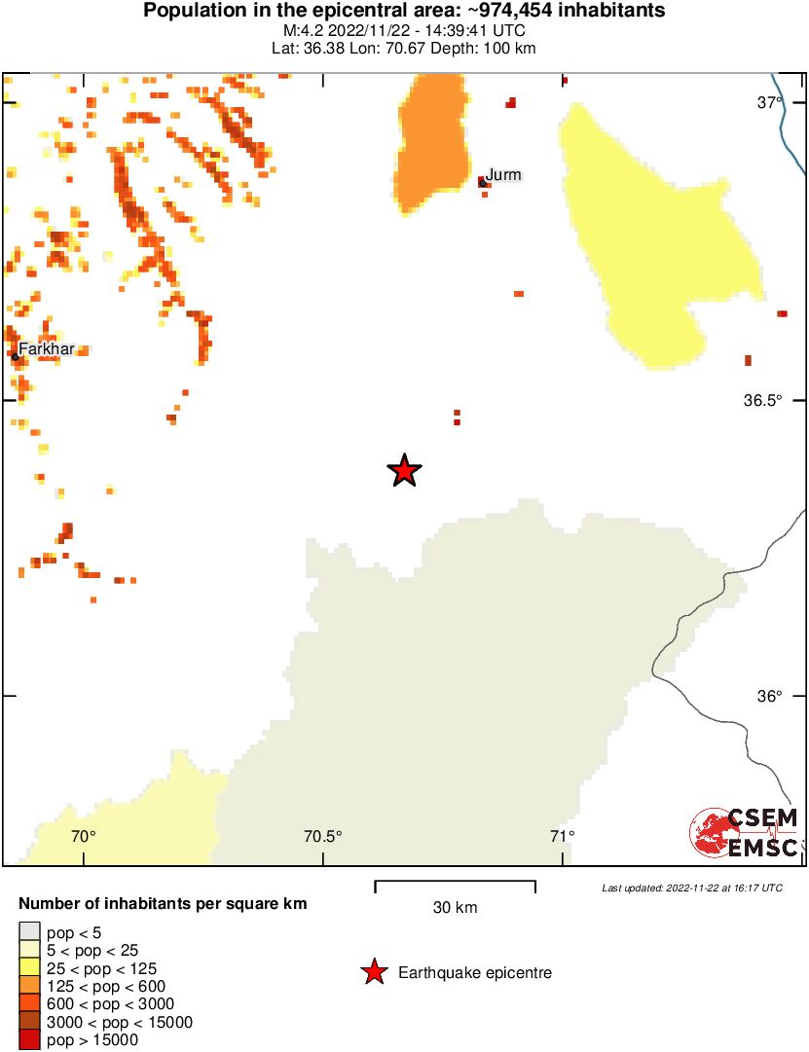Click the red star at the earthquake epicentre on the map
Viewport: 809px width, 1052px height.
tap(404, 471)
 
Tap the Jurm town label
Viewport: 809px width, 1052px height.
tap(503, 175)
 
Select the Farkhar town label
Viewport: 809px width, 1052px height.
tap(46, 348)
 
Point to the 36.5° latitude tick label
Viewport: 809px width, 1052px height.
tap(762, 400)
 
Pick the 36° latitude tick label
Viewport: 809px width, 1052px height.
tap(770, 697)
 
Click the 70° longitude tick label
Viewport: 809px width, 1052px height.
tap(84, 836)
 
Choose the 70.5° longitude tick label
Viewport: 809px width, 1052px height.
tap(323, 836)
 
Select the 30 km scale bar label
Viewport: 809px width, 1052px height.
tap(455, 908)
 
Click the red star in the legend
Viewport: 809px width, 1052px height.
tap(373, 972)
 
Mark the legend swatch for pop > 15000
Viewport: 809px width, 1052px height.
tap(29, 1040)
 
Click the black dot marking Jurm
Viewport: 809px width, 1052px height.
tap(482, 182)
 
